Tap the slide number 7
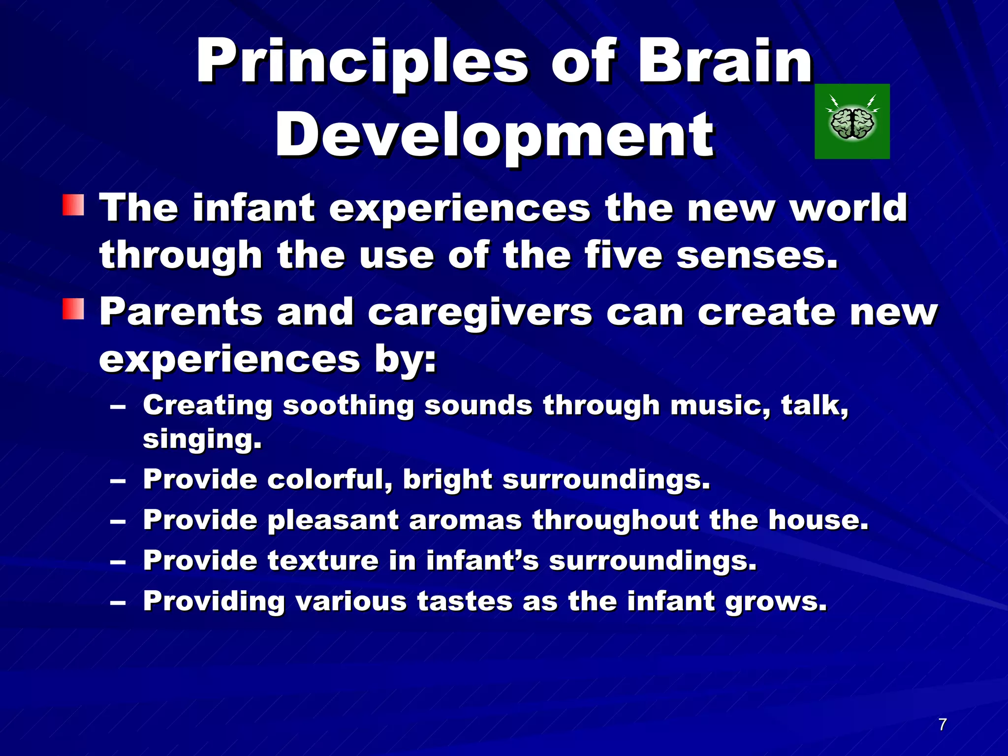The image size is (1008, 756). coord(942,724)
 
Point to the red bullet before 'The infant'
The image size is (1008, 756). coord(73,205)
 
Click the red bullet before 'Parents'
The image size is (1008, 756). coord(73,309)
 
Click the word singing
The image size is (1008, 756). coord(202,439)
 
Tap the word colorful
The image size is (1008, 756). coord(329,479)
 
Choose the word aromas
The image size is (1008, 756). coord(465,520)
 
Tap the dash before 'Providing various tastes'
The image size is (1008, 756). coord(118,602)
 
